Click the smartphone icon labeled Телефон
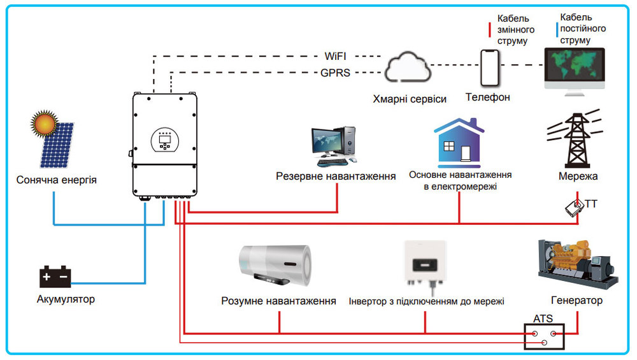pos(489,69)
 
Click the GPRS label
pos(335,73)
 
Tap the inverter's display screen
pos(166,139)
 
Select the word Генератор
pos(576,300)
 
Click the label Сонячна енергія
pos(57,180)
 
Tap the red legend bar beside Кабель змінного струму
pos(489,30)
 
